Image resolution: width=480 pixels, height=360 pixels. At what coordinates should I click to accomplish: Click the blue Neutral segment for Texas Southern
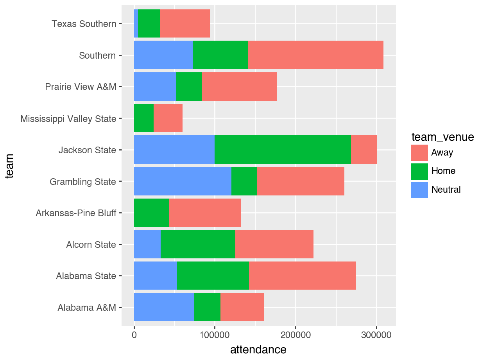pos(136,23)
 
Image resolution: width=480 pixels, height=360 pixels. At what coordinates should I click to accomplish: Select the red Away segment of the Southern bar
pos(315,55)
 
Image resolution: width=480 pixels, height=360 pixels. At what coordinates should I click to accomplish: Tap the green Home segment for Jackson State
pos(283,150)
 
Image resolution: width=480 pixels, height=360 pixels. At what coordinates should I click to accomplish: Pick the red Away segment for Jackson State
pos(364,150)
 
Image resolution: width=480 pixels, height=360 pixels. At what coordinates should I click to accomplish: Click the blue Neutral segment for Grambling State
pos(183,181)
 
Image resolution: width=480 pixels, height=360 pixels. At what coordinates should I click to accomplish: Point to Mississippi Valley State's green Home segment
pos(144,118)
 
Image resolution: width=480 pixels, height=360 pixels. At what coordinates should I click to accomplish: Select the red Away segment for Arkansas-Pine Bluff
pos(205,213)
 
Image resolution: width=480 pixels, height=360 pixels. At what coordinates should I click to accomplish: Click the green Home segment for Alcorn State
pos(198,244)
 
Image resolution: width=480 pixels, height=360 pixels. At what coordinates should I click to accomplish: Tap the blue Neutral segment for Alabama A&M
pos(164,307)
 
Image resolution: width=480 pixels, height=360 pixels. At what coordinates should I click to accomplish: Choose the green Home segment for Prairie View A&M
pos(189,86)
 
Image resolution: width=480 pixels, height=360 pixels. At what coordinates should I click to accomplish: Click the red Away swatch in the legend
pos(419,152)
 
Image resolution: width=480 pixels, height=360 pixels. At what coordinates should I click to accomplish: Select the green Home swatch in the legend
pos(419,171)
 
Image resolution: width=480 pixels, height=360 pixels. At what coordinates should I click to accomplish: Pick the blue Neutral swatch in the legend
pos(419,190)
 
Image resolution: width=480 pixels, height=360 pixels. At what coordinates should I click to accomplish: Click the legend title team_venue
pos(442,137)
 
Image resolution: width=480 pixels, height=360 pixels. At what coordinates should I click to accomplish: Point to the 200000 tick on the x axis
pos(296,335)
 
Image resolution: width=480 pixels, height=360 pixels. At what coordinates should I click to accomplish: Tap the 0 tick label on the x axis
pos(134,335)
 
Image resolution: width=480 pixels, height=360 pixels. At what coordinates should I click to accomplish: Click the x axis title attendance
pos(258,349)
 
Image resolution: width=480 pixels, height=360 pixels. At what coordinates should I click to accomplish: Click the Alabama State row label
pos(86,276)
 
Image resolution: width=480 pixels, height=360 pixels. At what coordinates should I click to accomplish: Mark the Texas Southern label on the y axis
pos(84,24)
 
